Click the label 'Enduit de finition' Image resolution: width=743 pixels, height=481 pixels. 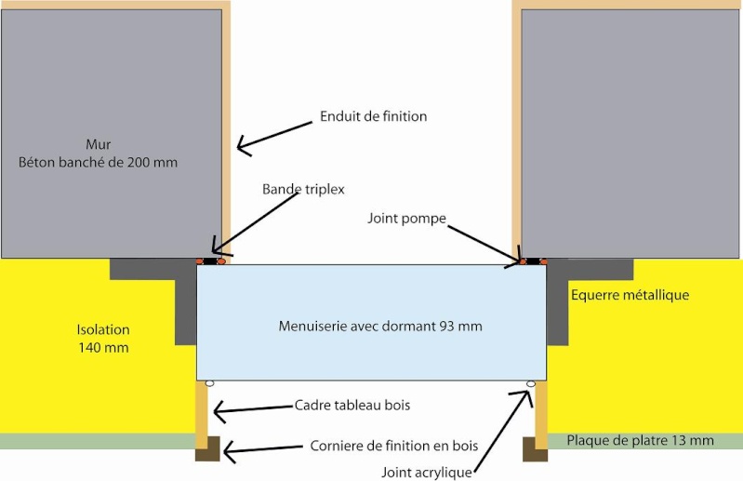pyautogui.click(x=373, y=116)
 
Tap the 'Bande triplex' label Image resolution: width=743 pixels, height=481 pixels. pyautogui.click(x=303, y=189)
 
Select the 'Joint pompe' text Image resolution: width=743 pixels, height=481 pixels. pyautogui.click(x=405, y=218)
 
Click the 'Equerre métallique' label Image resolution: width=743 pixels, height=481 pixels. pyautogui.click(x=630, y=295)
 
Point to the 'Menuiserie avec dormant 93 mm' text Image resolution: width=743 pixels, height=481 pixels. pyautogui.click(x=380, y=326)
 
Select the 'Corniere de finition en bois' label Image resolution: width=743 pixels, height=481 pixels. pyautogui.click(x=393, y=446)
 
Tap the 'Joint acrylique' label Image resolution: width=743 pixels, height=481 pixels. pyautogui.click(x=427, y=471)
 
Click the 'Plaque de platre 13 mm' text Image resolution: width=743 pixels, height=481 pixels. pyautogui.click(x=640, y=440)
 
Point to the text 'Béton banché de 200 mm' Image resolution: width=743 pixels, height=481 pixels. pyautogui.click(x=99, y=162)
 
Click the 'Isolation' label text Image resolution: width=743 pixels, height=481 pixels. pyautogui.click(x=102, y=329)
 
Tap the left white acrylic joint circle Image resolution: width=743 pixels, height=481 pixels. pyautogui.click(x=210, y=383)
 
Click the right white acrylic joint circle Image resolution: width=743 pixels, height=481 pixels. pyautogui.click(x=531, y=383)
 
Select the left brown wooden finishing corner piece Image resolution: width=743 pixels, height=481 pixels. pyautogui.click(x=207, y=448)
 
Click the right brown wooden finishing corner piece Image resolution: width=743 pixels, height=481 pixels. pyautogui.click(x=535, y=448)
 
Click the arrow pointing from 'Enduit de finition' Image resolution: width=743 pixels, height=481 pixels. pyautogui.click(x=274, y=133)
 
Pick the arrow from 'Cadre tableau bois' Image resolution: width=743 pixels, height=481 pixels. pyautogui.click(x=251, y=408)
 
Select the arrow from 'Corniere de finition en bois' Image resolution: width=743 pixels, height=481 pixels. pyautogui.click(x=265, y=449)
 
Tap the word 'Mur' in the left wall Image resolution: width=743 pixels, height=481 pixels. pyautogui.click(x=98, y=143)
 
